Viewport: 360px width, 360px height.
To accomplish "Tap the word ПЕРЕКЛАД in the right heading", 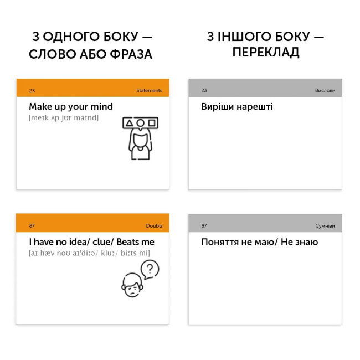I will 266,53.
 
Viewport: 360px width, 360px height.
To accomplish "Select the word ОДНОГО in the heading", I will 70,37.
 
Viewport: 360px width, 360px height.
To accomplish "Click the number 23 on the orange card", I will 32,90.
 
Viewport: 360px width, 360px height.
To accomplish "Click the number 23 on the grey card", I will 204,90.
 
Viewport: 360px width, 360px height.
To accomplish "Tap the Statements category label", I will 149,90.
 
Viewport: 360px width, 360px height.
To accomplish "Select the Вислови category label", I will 325,90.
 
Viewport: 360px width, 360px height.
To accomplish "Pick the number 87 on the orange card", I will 32,225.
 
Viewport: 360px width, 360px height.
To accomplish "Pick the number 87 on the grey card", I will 204,225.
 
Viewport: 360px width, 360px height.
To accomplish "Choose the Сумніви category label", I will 325,225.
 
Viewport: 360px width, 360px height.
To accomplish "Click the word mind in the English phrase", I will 101,106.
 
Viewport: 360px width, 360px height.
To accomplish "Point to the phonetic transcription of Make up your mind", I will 64,117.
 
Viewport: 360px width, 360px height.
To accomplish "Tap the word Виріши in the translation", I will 217,107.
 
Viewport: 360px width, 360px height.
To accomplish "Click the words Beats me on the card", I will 135,242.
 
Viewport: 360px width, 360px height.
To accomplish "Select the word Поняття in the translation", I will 221,242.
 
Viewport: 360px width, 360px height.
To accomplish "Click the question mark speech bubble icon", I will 150,270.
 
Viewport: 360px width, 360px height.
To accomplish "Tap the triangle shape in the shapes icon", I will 129,122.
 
